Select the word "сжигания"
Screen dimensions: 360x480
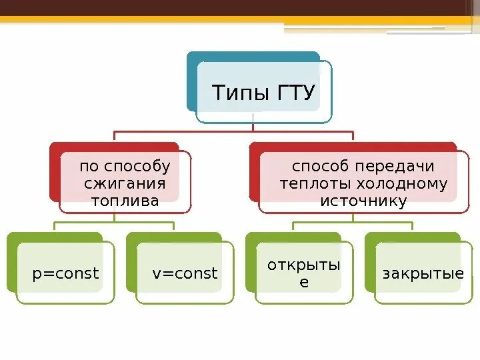(124, 183)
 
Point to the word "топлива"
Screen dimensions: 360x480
(125, 201)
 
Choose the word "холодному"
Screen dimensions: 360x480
(406, 183)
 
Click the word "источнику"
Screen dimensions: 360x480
(363, 201)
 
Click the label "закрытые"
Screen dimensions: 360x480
(423, 273)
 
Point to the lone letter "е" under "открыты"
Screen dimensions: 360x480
(304, 282)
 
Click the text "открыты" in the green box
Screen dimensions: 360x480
(304, 265)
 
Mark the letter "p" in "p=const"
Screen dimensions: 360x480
(36, 274)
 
